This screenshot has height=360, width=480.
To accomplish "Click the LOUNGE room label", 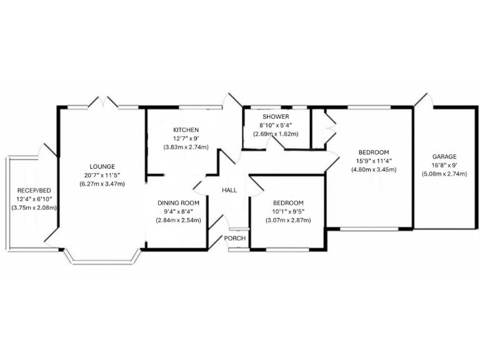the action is (x=102, y=166).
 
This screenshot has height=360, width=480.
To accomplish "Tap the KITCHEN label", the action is (x=186, y=130).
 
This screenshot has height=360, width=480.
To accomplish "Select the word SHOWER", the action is (x=276, y=117).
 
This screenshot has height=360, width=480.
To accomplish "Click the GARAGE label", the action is (x=444, y=156).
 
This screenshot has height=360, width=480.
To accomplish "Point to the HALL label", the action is (x=229, y=190).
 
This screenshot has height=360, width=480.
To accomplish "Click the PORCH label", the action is (x=234, y=238).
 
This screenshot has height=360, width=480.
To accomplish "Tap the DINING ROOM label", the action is (x=178, y=203).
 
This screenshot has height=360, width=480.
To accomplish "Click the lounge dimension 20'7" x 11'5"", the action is (x=102, y=175).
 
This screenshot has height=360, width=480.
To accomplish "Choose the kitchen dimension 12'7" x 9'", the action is (x=186, y=139).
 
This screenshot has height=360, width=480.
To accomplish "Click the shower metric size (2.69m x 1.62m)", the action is (x=276, y=134).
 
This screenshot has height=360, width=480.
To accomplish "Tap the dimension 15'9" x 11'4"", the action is (x=374, y=161).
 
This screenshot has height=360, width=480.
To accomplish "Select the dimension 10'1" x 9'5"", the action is (x=288, y=211).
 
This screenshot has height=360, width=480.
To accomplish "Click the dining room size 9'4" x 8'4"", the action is (x=178, y=212).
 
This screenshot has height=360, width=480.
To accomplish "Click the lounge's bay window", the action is (x=102, y=257).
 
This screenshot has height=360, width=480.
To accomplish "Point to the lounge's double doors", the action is (x=102, y=102).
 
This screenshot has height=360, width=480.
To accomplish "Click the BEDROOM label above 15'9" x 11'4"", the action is (x=374, y=152).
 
